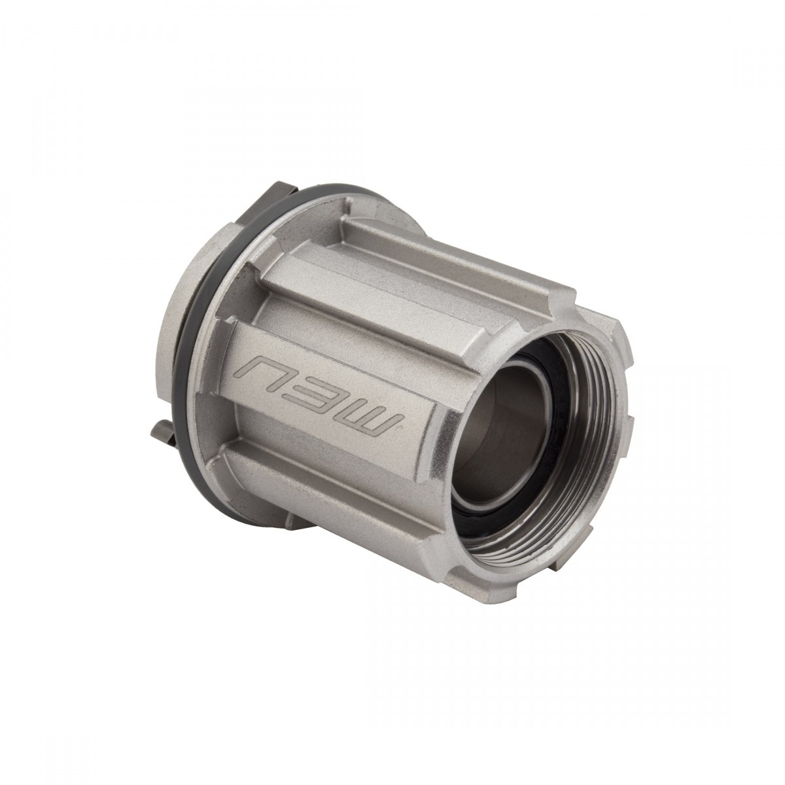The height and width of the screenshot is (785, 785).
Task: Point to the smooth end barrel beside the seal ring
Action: click(180, 340)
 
